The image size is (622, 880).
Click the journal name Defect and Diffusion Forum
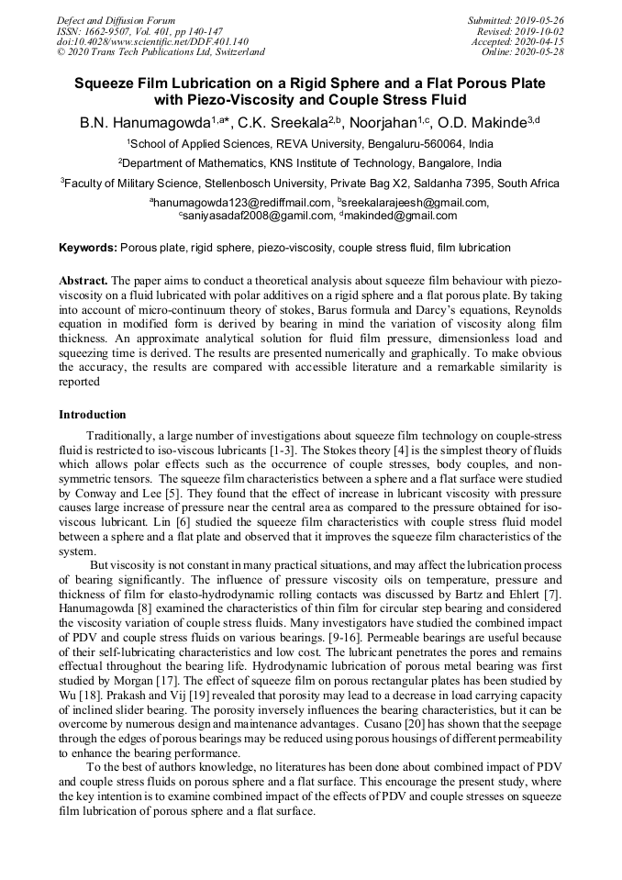tap(116, 20)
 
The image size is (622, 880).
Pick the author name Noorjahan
tap(389, 123)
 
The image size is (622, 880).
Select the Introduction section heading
tap(93, 415)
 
